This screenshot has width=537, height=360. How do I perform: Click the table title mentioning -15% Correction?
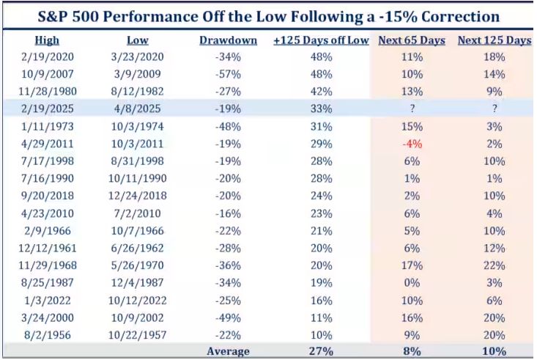click(267, 15)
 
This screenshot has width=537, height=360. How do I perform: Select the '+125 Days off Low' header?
click(321, 40)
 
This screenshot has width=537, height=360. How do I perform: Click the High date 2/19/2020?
click(47, 56)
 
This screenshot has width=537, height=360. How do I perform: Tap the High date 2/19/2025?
click(47, 108)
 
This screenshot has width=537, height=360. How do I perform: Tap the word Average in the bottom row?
click(228, 350)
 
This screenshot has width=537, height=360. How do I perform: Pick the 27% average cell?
click(321, 350)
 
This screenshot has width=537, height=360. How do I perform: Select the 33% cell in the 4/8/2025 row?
click(321, 108)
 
